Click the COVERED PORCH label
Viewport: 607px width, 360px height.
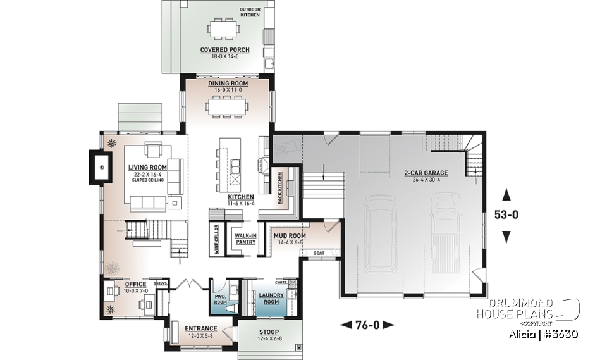(x=224, y=50)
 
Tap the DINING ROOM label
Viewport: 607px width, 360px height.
(x=228, y=83)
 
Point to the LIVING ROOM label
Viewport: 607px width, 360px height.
(x=147, y=168)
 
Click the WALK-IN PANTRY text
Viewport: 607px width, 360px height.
(x=245, y=239)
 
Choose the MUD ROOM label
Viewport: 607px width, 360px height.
(x=290, y=236)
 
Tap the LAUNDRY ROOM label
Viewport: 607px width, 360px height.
(x=270, y=298)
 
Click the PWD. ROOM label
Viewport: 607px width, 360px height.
(x=221, y=298)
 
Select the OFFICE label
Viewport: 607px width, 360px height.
(x=135, y=284)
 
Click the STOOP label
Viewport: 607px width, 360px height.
(x=269, y=332)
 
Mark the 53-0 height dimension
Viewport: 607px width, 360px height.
(x=506, y=214)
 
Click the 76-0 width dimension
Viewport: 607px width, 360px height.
(x=367, y=325)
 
